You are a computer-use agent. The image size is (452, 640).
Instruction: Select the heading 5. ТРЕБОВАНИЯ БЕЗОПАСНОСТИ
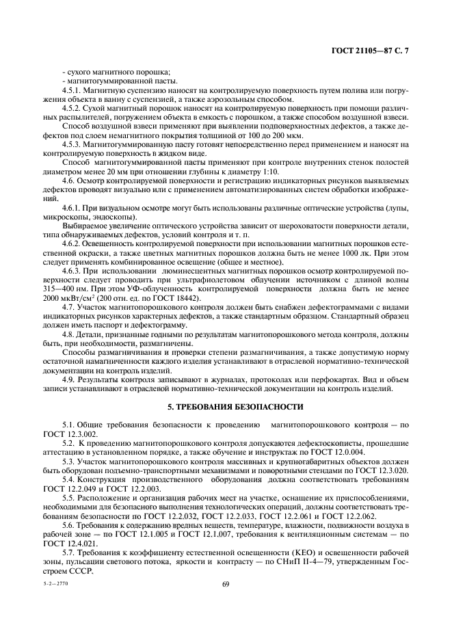[x=226, y=407]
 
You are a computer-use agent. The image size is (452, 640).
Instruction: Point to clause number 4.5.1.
[x=72, y=91]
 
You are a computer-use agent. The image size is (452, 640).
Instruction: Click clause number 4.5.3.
[x=72, y=144]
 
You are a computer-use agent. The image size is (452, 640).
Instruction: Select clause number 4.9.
[x=69, y=379]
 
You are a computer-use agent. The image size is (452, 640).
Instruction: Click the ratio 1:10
[x=297, y=172]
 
